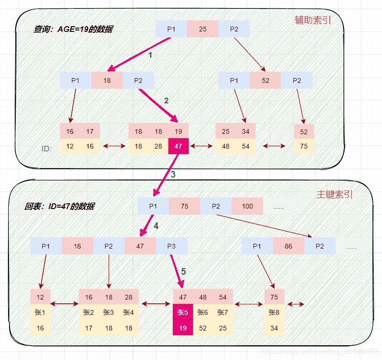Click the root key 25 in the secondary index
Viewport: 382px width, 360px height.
(x=202, y=29)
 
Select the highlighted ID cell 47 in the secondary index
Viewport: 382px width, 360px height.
(x=178, y=146)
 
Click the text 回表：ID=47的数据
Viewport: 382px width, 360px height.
(x=59, y=206)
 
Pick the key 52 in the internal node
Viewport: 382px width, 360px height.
(x=265, y=80)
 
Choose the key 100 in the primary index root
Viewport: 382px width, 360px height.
(x=247, y=206)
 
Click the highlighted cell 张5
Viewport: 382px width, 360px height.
(x=183, y=312)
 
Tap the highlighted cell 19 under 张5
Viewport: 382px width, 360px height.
(x=183, y=328)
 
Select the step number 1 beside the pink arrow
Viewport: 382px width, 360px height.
(x=150, y=55)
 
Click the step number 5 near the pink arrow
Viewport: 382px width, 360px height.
(x=184, y=271)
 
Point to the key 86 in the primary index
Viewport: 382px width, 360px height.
(x=288, y=246)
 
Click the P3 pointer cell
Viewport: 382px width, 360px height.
(x=171, y=246)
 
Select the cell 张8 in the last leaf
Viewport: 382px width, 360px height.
(x=274, y=312)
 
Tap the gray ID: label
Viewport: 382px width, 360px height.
(x=46, y=148)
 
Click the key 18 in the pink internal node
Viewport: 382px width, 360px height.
(x=107, y=80)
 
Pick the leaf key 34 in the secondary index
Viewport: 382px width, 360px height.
(x=245, y=131)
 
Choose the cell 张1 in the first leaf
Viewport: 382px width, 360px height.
(x=40, y=312)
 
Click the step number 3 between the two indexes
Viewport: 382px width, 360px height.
(x=173, y=174)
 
